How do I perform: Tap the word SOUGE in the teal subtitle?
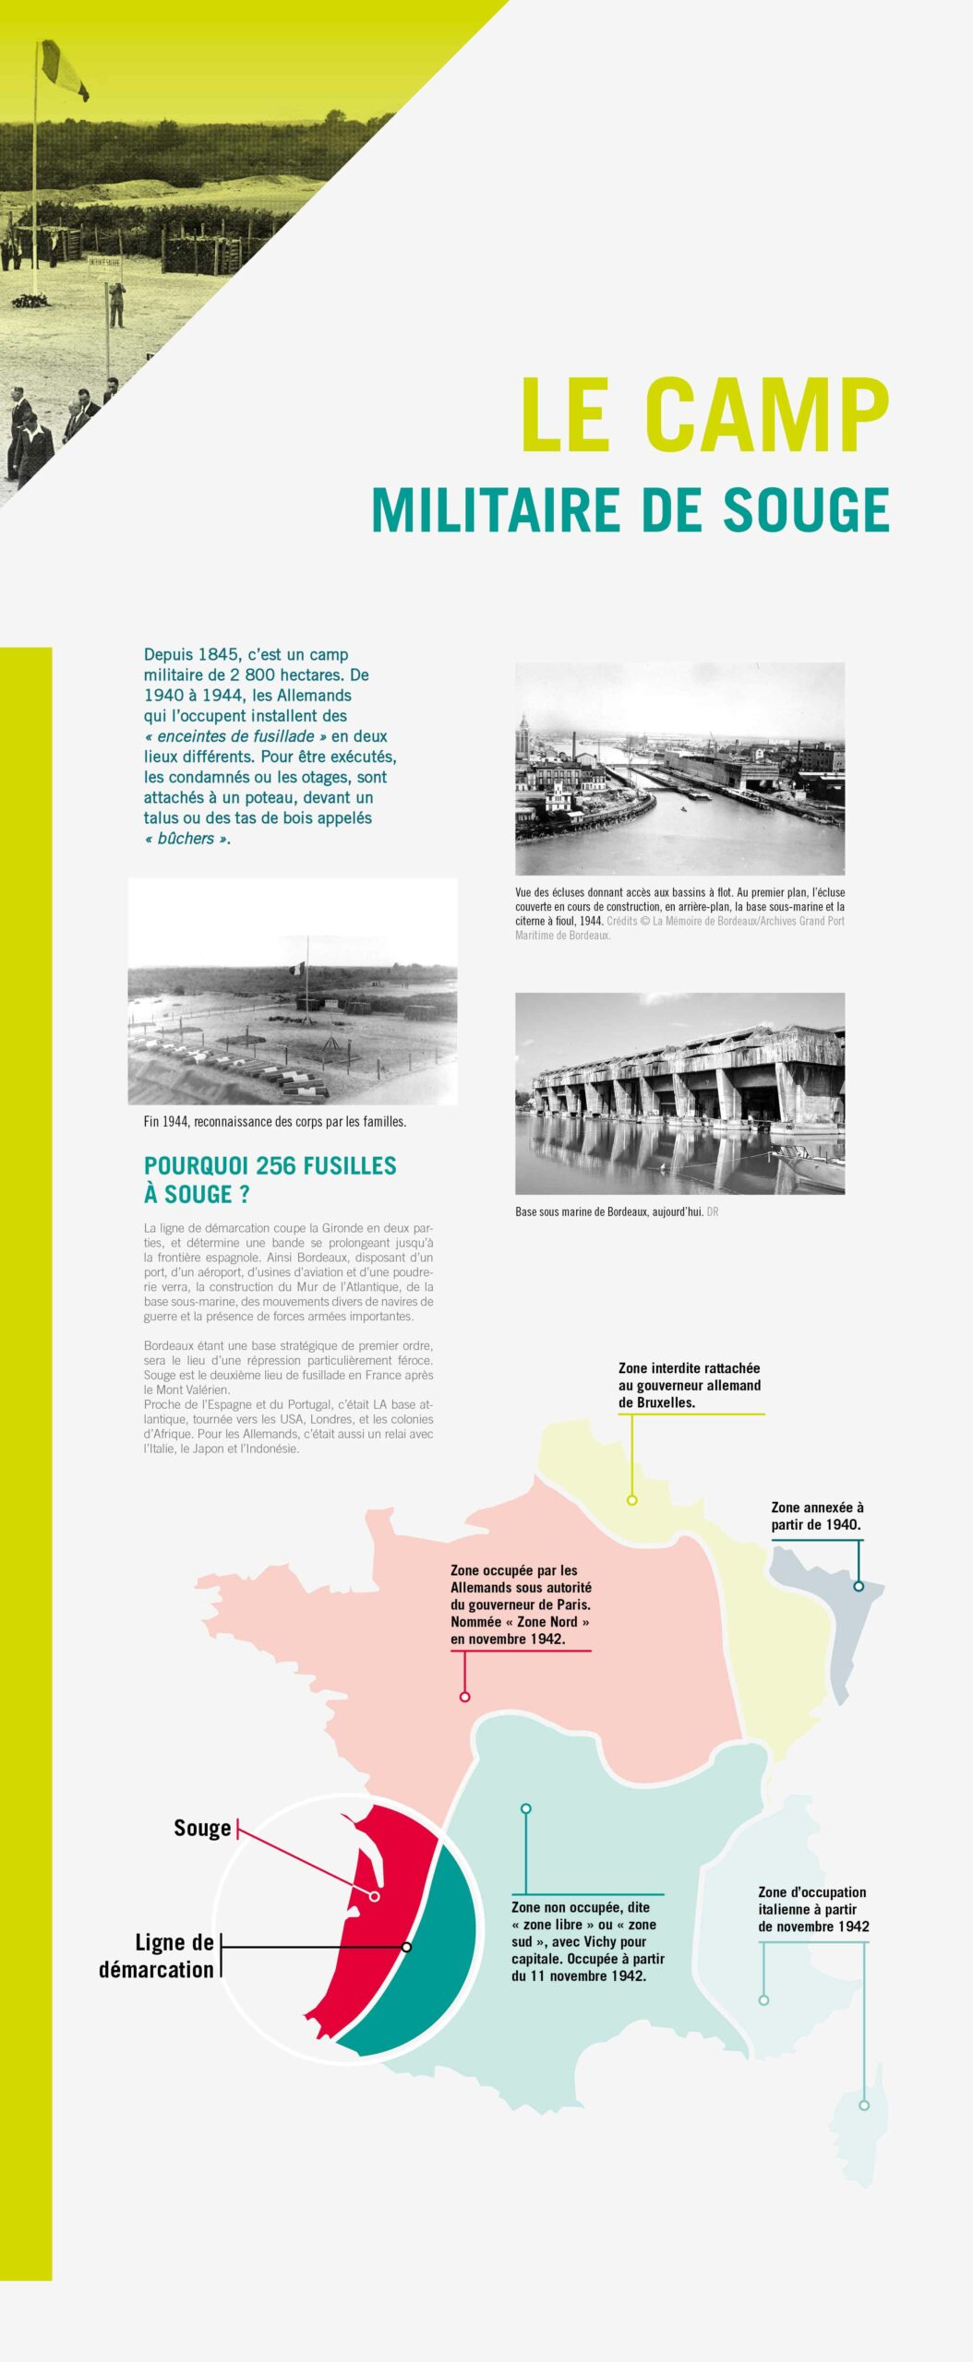[806, 510]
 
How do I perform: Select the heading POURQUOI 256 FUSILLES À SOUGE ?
[270, 1179]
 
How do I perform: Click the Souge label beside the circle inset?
[202, 1828]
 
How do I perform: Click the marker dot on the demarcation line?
[407, 1946]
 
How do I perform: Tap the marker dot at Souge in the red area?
[375, 1896]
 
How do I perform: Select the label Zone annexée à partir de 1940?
[817, 1516]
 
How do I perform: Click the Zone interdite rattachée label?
[690, 1385]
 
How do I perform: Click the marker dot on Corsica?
[864, 2106]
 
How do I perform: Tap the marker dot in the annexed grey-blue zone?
[859, 1586]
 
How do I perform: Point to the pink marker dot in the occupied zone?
[465, 1697]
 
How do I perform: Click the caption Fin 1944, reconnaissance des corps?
[274, 1122]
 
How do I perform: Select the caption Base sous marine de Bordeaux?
[609, 1211]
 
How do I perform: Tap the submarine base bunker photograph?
[679, 1092]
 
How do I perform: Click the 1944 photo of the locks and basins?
[679, 768]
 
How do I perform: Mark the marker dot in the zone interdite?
[632, 1500]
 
